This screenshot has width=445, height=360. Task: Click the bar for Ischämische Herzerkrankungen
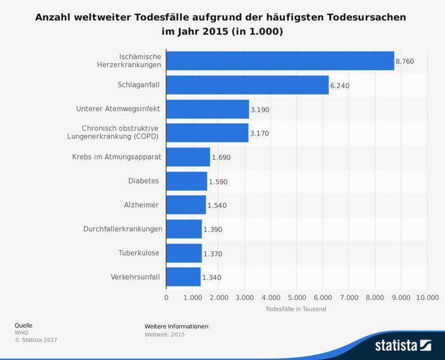[279, 61]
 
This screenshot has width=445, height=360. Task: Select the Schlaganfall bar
[247, 85]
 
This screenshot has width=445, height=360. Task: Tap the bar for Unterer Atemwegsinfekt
[207, 109]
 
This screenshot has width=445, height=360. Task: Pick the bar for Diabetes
[187, 181]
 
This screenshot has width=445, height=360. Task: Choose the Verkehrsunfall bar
[183, 277]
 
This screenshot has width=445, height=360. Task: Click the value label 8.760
[405, 62]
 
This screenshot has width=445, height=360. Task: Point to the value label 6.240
[339, 86]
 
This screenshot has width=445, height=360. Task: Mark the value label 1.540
[217, 206]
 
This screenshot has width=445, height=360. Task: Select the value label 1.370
[213, 254]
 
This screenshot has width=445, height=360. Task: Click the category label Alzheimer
[141, 205]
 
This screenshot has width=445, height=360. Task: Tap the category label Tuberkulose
[139, 253]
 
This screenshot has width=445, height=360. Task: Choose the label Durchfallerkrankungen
[123, 229]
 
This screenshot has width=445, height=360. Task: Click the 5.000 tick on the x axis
[296, 297]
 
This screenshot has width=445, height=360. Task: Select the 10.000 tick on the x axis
[426, 297]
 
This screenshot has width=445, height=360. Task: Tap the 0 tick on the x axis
[166, 297]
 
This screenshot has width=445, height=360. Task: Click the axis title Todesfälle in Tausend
[296, 309]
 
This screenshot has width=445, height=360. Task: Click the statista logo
[402, 345]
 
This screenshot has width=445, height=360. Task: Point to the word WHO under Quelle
[21, 332]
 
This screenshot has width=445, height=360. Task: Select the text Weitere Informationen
[177, 326]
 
